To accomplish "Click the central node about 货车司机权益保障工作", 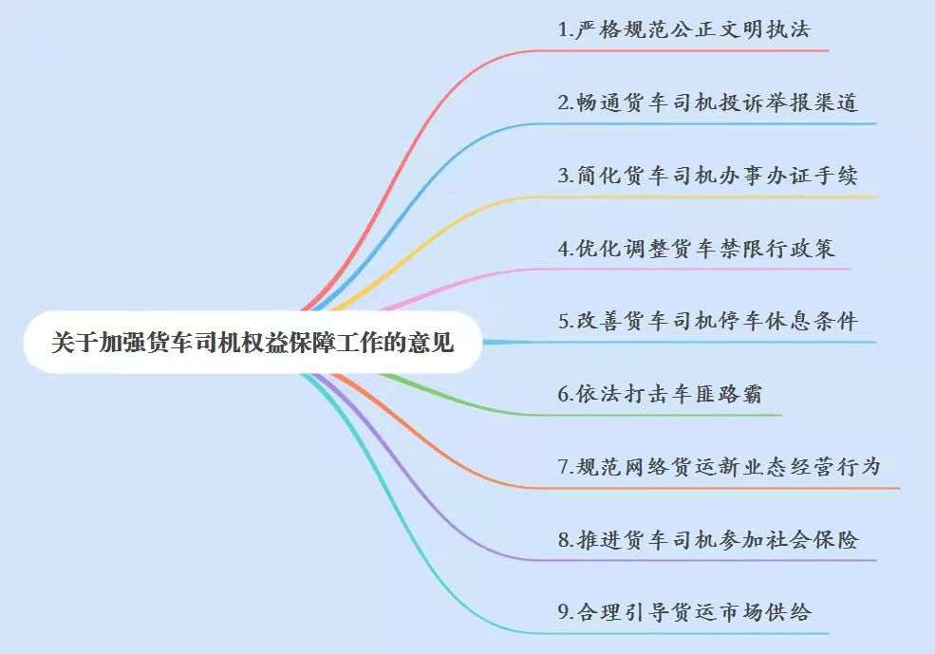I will click(252, 343).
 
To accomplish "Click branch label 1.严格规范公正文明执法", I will click(683, 29).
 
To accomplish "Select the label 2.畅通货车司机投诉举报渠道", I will click(708, 103).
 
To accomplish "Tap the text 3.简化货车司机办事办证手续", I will click(708, 176).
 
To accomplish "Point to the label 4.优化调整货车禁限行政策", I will click(696, 249).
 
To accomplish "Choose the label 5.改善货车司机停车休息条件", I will click(708, 321).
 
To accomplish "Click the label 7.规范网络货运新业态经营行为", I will click(720, 467).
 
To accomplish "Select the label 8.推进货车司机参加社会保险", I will click(708, 540).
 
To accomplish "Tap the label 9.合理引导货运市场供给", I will click(683, 612).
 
